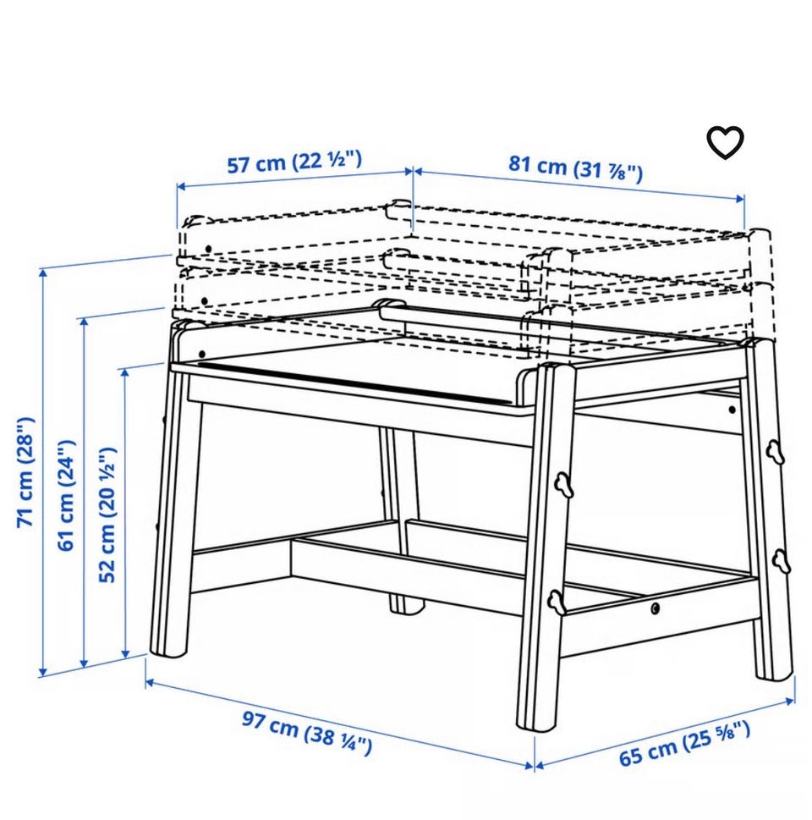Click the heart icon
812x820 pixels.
coord(725,142)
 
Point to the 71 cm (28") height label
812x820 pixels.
coord(25,471)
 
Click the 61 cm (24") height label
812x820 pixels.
coord(67,495)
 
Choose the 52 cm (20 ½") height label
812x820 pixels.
coord(107,515)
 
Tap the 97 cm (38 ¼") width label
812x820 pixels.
coord(307,733)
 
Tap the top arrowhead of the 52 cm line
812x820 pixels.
coord(124,373)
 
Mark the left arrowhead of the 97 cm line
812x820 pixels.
coord(150,682)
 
